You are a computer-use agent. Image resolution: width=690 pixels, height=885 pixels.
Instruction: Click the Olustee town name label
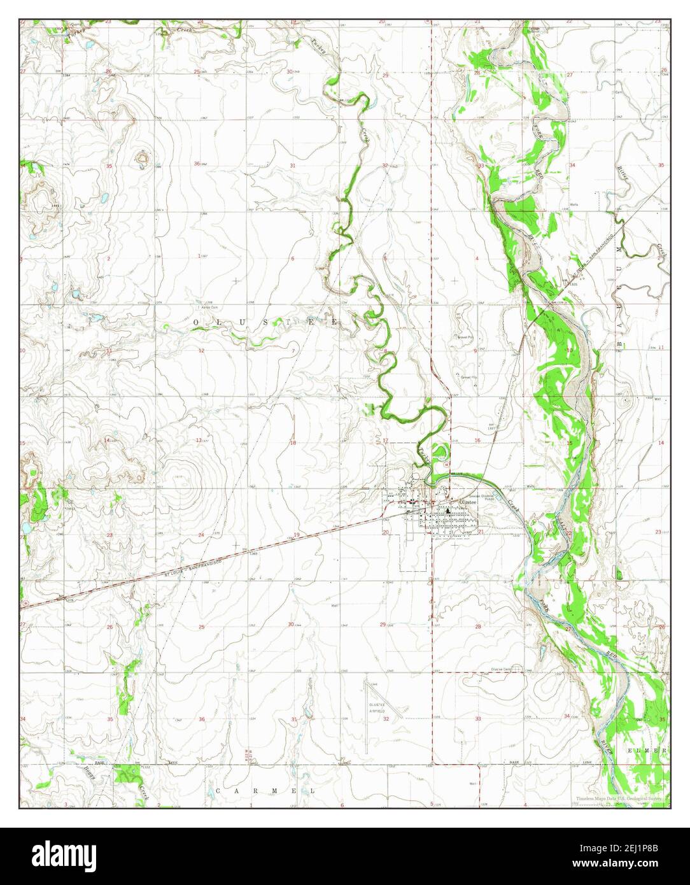461,502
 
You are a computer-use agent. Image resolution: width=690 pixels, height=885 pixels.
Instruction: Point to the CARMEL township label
266,790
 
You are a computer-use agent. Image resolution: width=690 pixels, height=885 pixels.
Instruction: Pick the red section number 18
293,442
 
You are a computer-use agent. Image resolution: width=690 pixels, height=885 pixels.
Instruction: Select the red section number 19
297,535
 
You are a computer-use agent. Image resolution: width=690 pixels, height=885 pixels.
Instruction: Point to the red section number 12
201,351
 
